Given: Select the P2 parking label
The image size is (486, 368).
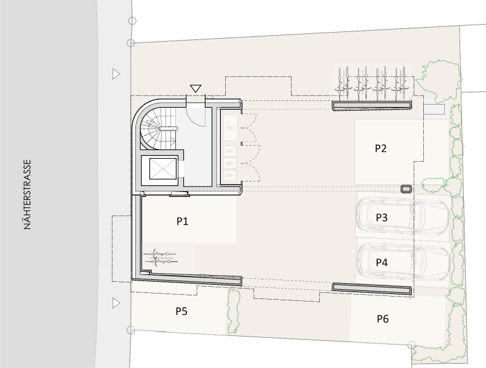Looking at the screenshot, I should [381, 148].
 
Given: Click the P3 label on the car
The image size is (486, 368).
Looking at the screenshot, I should [381, 217].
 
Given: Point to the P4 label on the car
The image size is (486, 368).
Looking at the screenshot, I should [381, 262].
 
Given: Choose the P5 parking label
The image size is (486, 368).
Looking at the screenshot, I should [181, 311].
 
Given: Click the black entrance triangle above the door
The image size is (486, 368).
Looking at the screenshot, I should [196, 89].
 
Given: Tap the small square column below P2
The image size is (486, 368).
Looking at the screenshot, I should [405, 189].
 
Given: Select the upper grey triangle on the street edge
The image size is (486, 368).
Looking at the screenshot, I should [116, 74].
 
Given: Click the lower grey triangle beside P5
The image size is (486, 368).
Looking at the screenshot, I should [116, 303].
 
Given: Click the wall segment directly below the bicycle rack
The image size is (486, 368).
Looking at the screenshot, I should [372, 106].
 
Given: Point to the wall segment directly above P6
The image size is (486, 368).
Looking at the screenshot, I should [372, 287].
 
